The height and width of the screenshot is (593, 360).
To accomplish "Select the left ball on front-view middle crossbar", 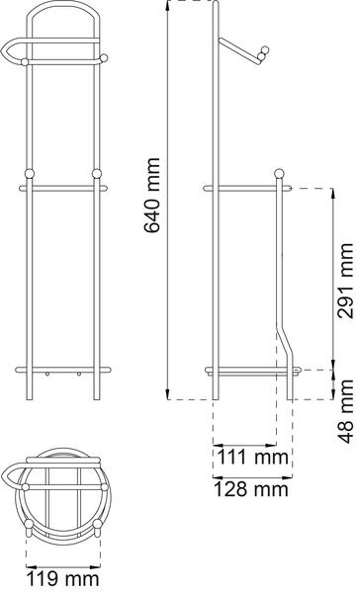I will coord(31,174).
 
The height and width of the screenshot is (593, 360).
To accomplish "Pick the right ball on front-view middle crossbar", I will coord(97,174).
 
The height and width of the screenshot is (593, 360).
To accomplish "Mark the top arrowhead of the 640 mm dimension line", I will coord(167,6).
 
